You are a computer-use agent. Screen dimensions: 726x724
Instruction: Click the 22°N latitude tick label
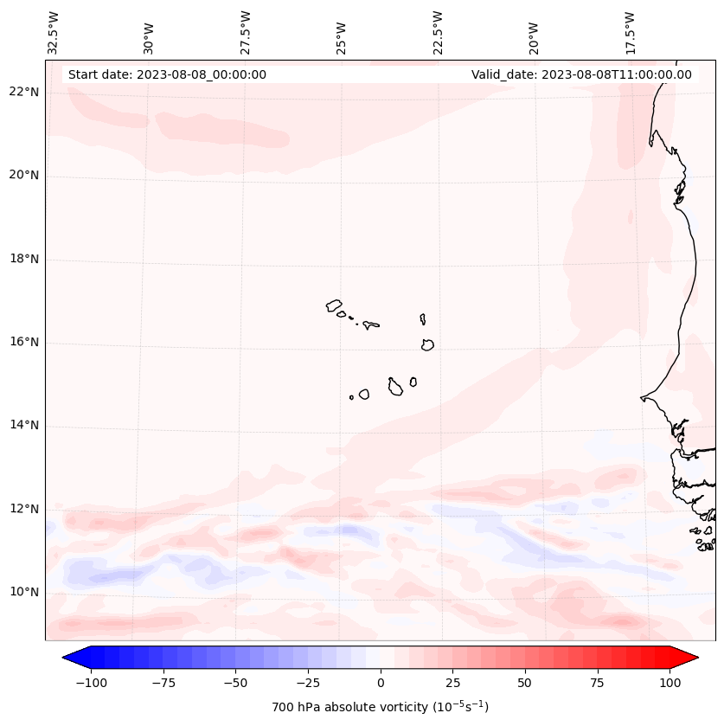(24, 93)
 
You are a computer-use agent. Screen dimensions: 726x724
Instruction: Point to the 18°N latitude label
(24, 260)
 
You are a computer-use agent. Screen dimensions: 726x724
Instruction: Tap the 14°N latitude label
(24, 426)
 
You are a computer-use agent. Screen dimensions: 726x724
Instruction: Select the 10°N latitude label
(24, 593)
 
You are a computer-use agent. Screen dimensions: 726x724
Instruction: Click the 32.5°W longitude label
(54, 33)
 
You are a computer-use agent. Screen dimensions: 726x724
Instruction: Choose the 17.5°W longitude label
(631, 33)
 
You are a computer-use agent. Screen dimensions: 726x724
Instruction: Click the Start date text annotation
(167, 74)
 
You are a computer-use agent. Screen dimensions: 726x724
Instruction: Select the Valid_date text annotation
(581, 74)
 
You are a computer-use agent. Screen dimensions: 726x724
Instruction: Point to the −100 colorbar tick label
(91, 683)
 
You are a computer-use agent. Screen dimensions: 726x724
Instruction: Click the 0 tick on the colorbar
(381, 683)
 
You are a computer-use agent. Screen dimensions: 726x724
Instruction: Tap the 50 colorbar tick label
(525, 683)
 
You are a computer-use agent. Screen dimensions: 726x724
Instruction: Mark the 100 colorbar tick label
(670, 683)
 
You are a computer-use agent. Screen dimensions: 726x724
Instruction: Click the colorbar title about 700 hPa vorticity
(380, 707)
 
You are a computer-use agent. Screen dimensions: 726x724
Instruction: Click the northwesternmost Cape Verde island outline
(334, 305)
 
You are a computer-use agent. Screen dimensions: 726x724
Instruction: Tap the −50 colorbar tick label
(235, 683)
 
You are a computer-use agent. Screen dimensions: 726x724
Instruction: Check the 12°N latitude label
(24, 509)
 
